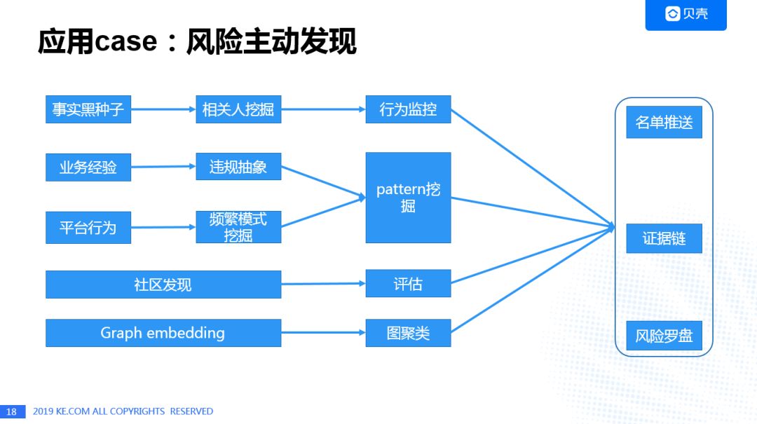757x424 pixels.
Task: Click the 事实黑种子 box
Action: point(88,109)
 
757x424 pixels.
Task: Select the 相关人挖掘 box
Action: point(238,109)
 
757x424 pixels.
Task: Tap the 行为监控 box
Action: point(408,109)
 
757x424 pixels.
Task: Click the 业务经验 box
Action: point(88,167)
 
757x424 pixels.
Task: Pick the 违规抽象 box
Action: point(238,167)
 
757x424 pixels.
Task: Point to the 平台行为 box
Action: point(88,228)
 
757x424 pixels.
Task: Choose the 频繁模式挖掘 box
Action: point(238,227)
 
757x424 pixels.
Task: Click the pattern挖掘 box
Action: point(408,198)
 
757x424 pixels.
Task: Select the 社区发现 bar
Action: point(163,285)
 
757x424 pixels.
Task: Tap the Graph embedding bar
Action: point(163,333)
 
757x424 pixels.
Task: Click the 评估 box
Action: point(408,284)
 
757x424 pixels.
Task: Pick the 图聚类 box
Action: point(408,333)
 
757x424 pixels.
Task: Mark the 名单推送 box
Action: point(664,123)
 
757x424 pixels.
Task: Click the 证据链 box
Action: point(664,238)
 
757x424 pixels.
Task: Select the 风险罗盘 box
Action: point(664,336)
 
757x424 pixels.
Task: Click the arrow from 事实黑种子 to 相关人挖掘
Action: point(163,109)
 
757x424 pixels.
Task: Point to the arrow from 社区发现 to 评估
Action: point(323,284)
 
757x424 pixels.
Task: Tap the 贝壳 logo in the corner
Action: point(686,14)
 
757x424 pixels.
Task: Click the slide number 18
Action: point(12,411)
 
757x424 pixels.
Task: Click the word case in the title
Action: point(126,43)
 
